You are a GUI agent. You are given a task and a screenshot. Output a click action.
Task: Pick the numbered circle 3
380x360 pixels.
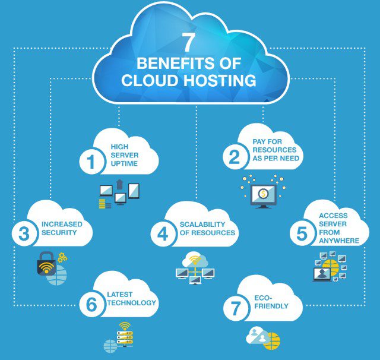(24, 233)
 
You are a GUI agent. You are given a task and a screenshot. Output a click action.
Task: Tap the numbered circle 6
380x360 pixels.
(91, 305)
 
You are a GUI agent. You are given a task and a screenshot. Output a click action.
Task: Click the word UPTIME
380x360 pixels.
(123, 165)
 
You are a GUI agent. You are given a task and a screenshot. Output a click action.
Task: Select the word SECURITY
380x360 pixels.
(59, 232)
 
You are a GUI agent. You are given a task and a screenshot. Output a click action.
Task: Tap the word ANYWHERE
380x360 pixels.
(338, 241)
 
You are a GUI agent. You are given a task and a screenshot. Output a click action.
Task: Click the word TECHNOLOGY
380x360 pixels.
(132, 302)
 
